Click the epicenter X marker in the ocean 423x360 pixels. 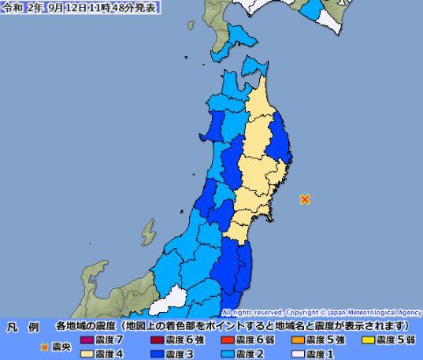point(305,199)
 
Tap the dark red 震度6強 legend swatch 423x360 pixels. point(156,340)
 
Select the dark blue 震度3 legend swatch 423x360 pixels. point(156,354)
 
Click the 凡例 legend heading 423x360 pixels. point(23,325)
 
